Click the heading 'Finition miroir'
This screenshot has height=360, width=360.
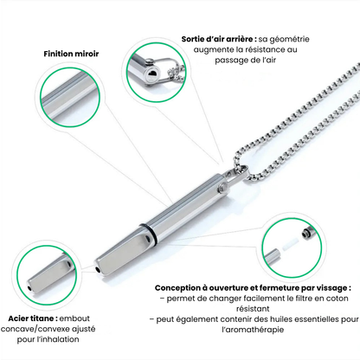(71, 54)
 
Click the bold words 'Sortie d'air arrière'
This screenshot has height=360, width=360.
(219, 39)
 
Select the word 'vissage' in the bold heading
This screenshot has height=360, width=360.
(331, 288)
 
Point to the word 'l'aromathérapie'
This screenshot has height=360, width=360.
(253, 330)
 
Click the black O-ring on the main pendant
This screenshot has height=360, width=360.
(146, 233)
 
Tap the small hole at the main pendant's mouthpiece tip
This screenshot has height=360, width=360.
(98, 270)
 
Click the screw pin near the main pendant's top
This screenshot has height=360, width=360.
(222, 187)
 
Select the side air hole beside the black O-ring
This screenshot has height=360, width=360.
(148, 239)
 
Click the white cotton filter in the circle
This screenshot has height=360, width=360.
(290, 245)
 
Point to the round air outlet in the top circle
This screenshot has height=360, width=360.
(152, 74)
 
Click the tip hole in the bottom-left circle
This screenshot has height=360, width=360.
(29, 288)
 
